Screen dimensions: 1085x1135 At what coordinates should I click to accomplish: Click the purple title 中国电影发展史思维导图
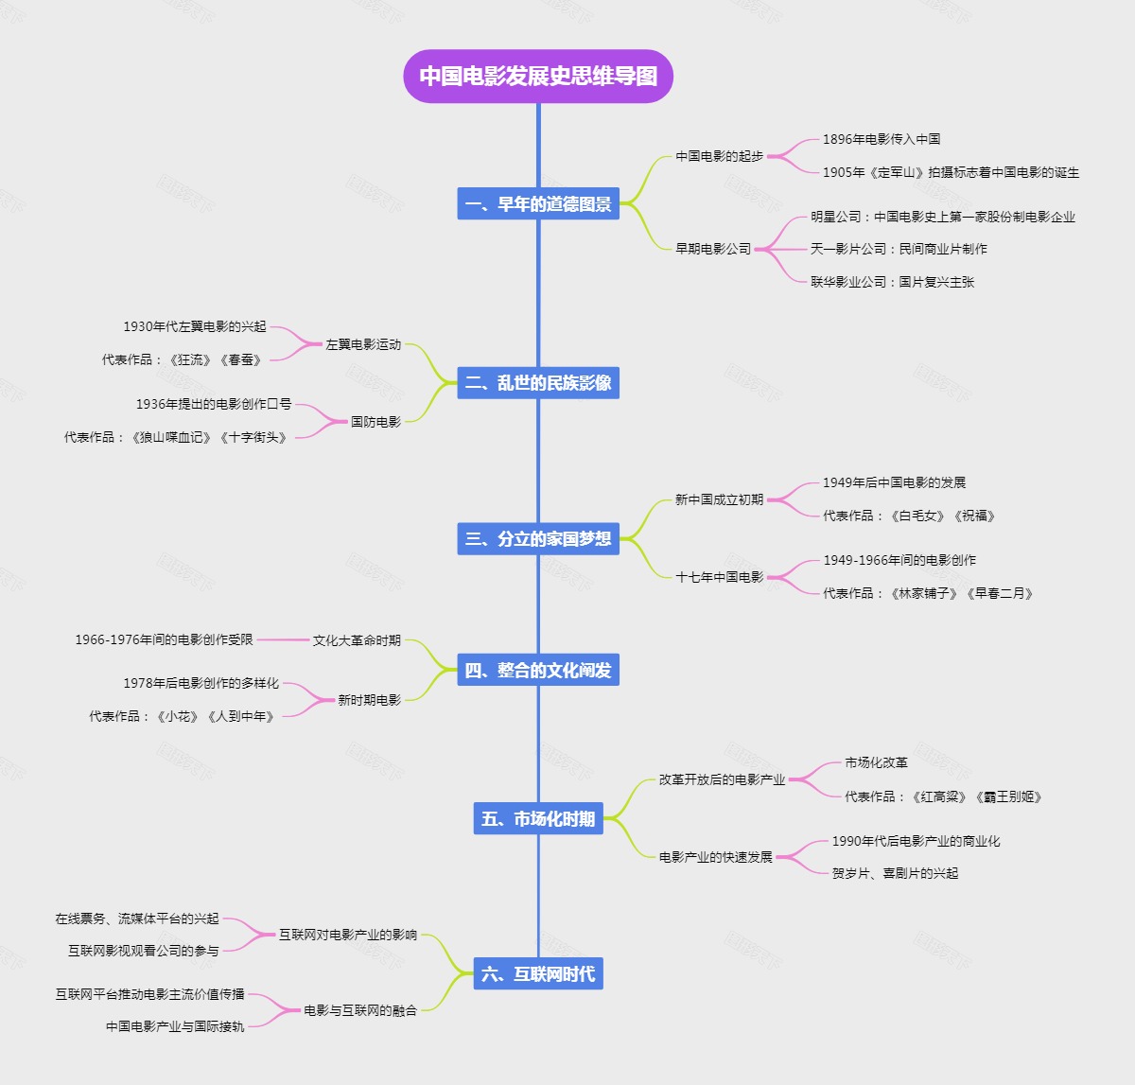click(x=538, y=76)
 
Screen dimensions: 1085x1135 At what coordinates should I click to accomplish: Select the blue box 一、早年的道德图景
click(x=538, y=203)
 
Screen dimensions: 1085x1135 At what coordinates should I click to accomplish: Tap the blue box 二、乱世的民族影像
click(x=538, y=382)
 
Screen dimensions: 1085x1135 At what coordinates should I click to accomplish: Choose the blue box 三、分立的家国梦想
click(x=538, y=538)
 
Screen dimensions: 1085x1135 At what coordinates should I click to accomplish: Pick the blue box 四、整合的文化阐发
click(x=538, y=670)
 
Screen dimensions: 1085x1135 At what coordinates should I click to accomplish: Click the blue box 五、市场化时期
click(x=538, y=818)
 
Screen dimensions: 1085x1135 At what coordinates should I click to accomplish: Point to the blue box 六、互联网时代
click(x=538, y=973)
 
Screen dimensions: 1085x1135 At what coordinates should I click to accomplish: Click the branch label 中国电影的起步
click(x=719, y=156)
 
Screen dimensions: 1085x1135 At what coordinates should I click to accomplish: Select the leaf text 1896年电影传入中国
click(x=881, y=139)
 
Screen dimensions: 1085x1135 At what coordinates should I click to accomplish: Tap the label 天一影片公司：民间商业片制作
click(x=899, y=249)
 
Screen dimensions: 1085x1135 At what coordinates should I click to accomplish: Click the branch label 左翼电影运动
click(x=363, y=344)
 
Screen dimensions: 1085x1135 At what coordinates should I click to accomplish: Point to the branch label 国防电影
click(x=375, y=422)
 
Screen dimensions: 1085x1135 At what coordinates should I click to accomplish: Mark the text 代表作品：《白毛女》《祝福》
click(x=909, y=516)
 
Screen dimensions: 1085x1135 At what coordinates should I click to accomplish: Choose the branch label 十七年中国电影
click(x=719, y=577)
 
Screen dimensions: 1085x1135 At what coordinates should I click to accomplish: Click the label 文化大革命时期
click(x=357, y=640)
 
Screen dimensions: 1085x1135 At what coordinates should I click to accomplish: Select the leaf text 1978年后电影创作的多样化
click(x=201, y=683)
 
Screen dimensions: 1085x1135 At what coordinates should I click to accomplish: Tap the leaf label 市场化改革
click(x=876, y=762)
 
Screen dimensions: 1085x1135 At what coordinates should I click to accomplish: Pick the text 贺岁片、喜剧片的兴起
click(x=895, y=873)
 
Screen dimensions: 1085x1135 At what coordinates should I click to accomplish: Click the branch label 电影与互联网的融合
click(x=360, y=1010)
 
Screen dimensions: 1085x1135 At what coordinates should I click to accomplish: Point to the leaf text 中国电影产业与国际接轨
click(x=175, y=1026)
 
